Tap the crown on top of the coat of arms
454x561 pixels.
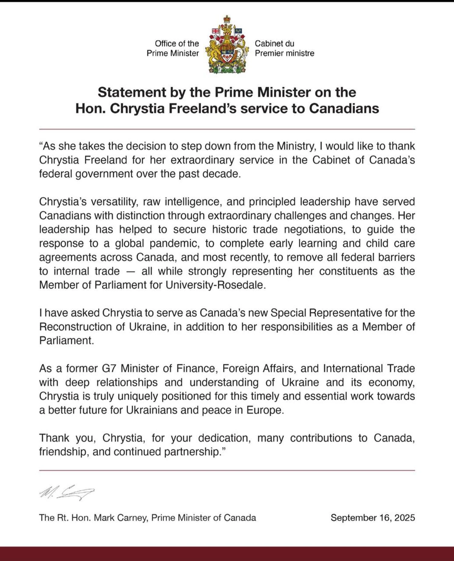pos(227,19)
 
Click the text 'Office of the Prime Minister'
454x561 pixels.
pos(173,48)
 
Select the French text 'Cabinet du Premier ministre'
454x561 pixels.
pos(284,48)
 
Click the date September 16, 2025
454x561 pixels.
pos(373,518)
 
